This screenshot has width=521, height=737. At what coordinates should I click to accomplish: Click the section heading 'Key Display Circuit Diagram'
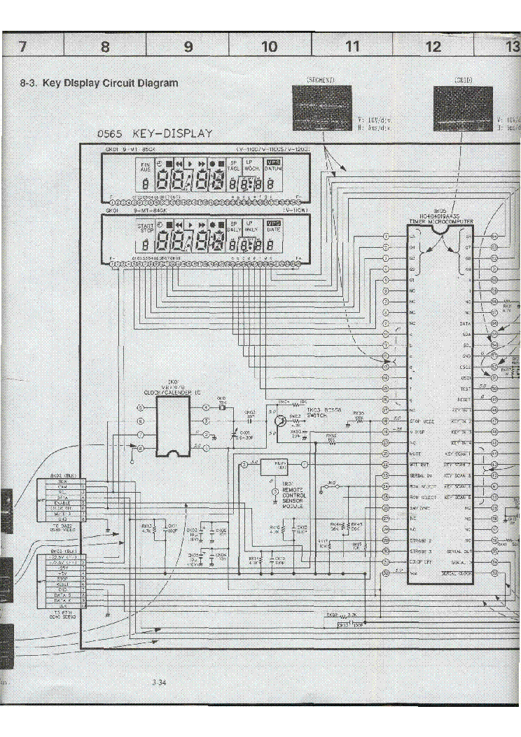[x=99, y=83]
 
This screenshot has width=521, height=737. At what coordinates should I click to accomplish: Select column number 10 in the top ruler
[x=270, y=47]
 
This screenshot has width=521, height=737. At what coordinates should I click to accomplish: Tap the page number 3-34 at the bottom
[x=158, y=683]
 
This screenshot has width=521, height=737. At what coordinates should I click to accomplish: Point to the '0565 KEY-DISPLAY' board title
[x=155, y=134]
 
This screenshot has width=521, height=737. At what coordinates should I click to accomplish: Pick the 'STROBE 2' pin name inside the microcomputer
[x=420, y=540]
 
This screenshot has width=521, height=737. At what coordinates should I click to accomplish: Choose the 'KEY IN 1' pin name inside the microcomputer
[x=462, y=409]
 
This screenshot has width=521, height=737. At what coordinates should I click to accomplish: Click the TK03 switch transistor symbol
[x=279, y=421]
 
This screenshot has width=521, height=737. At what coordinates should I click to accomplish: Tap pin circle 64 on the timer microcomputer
[x=494, y=237]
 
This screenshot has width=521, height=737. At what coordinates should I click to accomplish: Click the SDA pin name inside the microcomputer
[x=466, y=335]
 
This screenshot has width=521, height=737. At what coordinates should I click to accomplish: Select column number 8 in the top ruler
[x=105, y=47]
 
